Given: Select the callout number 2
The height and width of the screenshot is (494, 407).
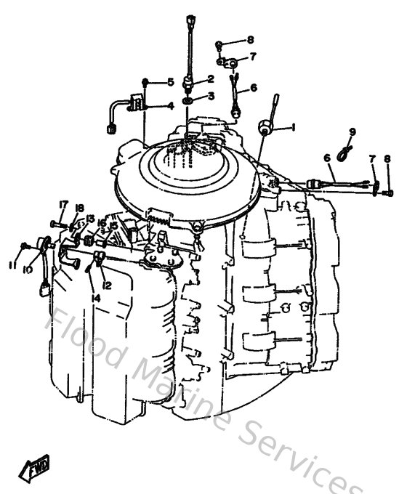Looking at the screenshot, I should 211,78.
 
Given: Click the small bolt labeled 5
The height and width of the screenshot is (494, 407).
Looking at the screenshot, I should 146,81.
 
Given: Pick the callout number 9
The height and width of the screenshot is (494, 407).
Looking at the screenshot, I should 352,131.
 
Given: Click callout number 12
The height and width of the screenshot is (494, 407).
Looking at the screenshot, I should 106,286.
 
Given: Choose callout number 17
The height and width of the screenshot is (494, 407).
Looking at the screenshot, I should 64,204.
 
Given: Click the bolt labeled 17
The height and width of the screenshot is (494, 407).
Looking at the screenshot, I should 57,223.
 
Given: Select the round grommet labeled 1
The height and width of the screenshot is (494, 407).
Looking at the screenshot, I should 267,130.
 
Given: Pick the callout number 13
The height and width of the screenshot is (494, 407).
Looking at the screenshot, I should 90,219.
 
